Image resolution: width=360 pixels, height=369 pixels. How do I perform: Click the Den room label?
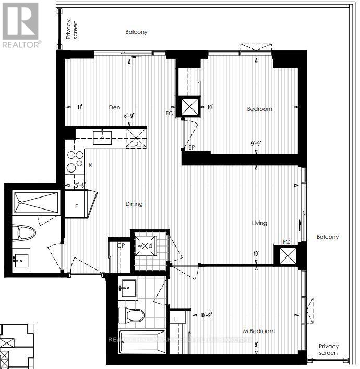click(x=114, y=108)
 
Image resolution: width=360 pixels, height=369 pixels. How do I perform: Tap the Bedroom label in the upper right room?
click(x=259, y=109)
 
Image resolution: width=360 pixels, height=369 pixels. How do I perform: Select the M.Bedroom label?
click(x=259, y=331)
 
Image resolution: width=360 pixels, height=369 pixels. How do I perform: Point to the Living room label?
click(x=259, y=223)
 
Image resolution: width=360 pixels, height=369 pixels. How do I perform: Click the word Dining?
click(x=134, y=204)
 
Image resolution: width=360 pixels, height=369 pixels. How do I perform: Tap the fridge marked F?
click(x=76, y=205)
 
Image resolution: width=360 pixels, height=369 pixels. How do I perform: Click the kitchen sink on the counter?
click(x=103, y=138)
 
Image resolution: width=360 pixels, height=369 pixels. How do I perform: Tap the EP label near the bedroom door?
click(x=191, y=148)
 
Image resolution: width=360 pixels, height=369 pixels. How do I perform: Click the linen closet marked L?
click(x=176, y=318)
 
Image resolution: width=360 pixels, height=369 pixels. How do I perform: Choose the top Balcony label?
click(x=136, y=32)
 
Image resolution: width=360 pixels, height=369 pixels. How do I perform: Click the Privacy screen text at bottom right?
click(x=329, y=350)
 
